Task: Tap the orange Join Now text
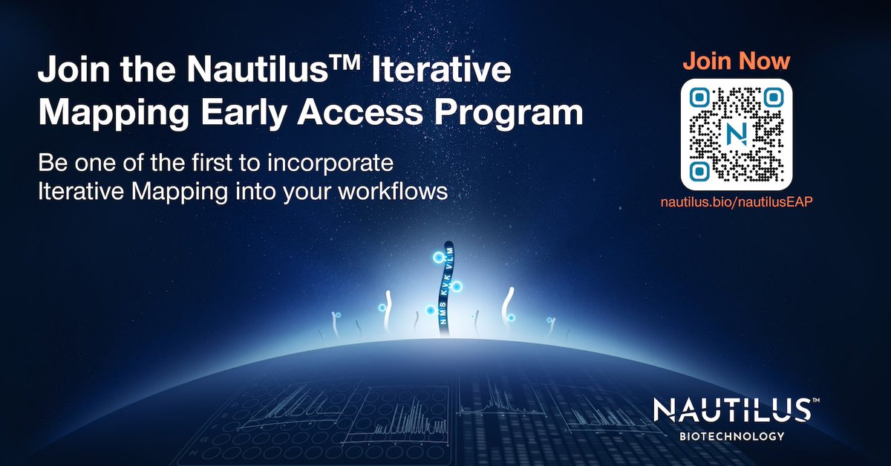click(x=737, y=60)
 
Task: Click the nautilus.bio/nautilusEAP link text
click(x=737, y=202)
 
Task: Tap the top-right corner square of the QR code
click(x=773, y=98)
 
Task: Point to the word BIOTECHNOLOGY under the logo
click(x=731, y=436)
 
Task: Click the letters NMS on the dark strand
click(x=445, y=317)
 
